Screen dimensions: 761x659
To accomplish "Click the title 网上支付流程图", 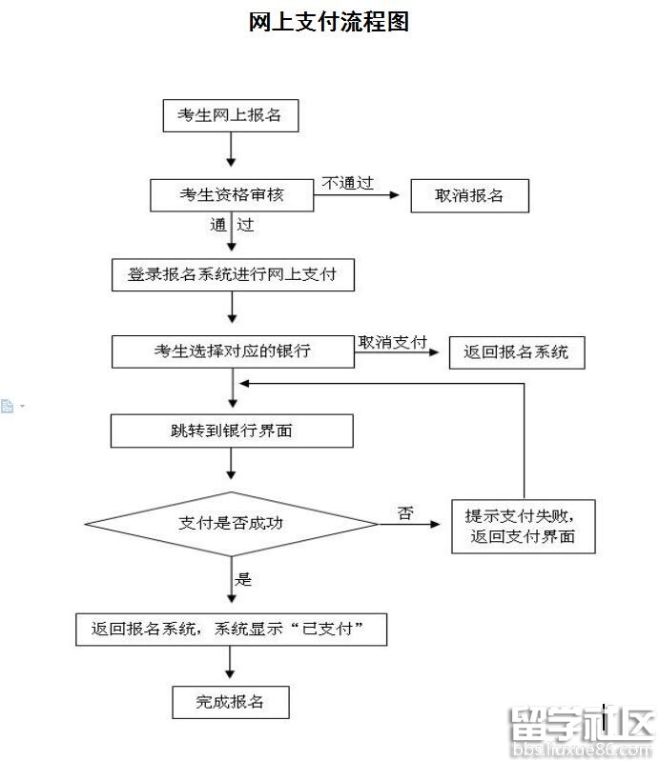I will [329, 22].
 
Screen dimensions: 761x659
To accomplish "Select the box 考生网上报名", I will [230, 115].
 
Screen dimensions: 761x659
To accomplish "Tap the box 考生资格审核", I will [232, 195].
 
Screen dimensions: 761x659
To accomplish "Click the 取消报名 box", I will [469, 196].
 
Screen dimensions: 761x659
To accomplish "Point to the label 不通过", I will [347, 183].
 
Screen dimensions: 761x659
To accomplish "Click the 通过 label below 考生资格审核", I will [232, 226].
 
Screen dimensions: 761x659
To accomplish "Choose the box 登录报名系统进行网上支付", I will [232, 275].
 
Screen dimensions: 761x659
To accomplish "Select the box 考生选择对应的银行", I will [232, 351].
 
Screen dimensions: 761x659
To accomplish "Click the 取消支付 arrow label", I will [392, 342].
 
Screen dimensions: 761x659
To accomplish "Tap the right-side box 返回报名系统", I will [516, 351].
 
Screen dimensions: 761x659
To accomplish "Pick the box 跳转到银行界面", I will [232, 431].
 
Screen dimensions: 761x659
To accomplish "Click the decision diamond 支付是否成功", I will [232, 523].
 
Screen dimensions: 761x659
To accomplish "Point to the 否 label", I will [405, 513].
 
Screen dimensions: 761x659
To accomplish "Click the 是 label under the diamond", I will [243, 578].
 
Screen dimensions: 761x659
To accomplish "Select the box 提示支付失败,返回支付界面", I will [523, 526].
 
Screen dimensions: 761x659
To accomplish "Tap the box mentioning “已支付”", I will [232, 630].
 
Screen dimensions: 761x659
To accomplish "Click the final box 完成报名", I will [230, 703].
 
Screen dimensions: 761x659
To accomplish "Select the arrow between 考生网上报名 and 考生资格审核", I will [231, 150].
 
